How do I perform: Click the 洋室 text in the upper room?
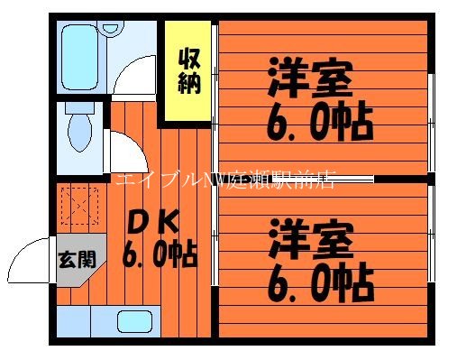click(307, 78)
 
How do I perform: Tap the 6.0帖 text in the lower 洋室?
click(320, 282)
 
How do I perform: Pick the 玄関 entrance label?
click(76, 260)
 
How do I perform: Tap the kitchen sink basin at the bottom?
click(133, 320)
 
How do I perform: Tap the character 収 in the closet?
click(188, 60)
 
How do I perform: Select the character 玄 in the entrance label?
click(67, 260)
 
